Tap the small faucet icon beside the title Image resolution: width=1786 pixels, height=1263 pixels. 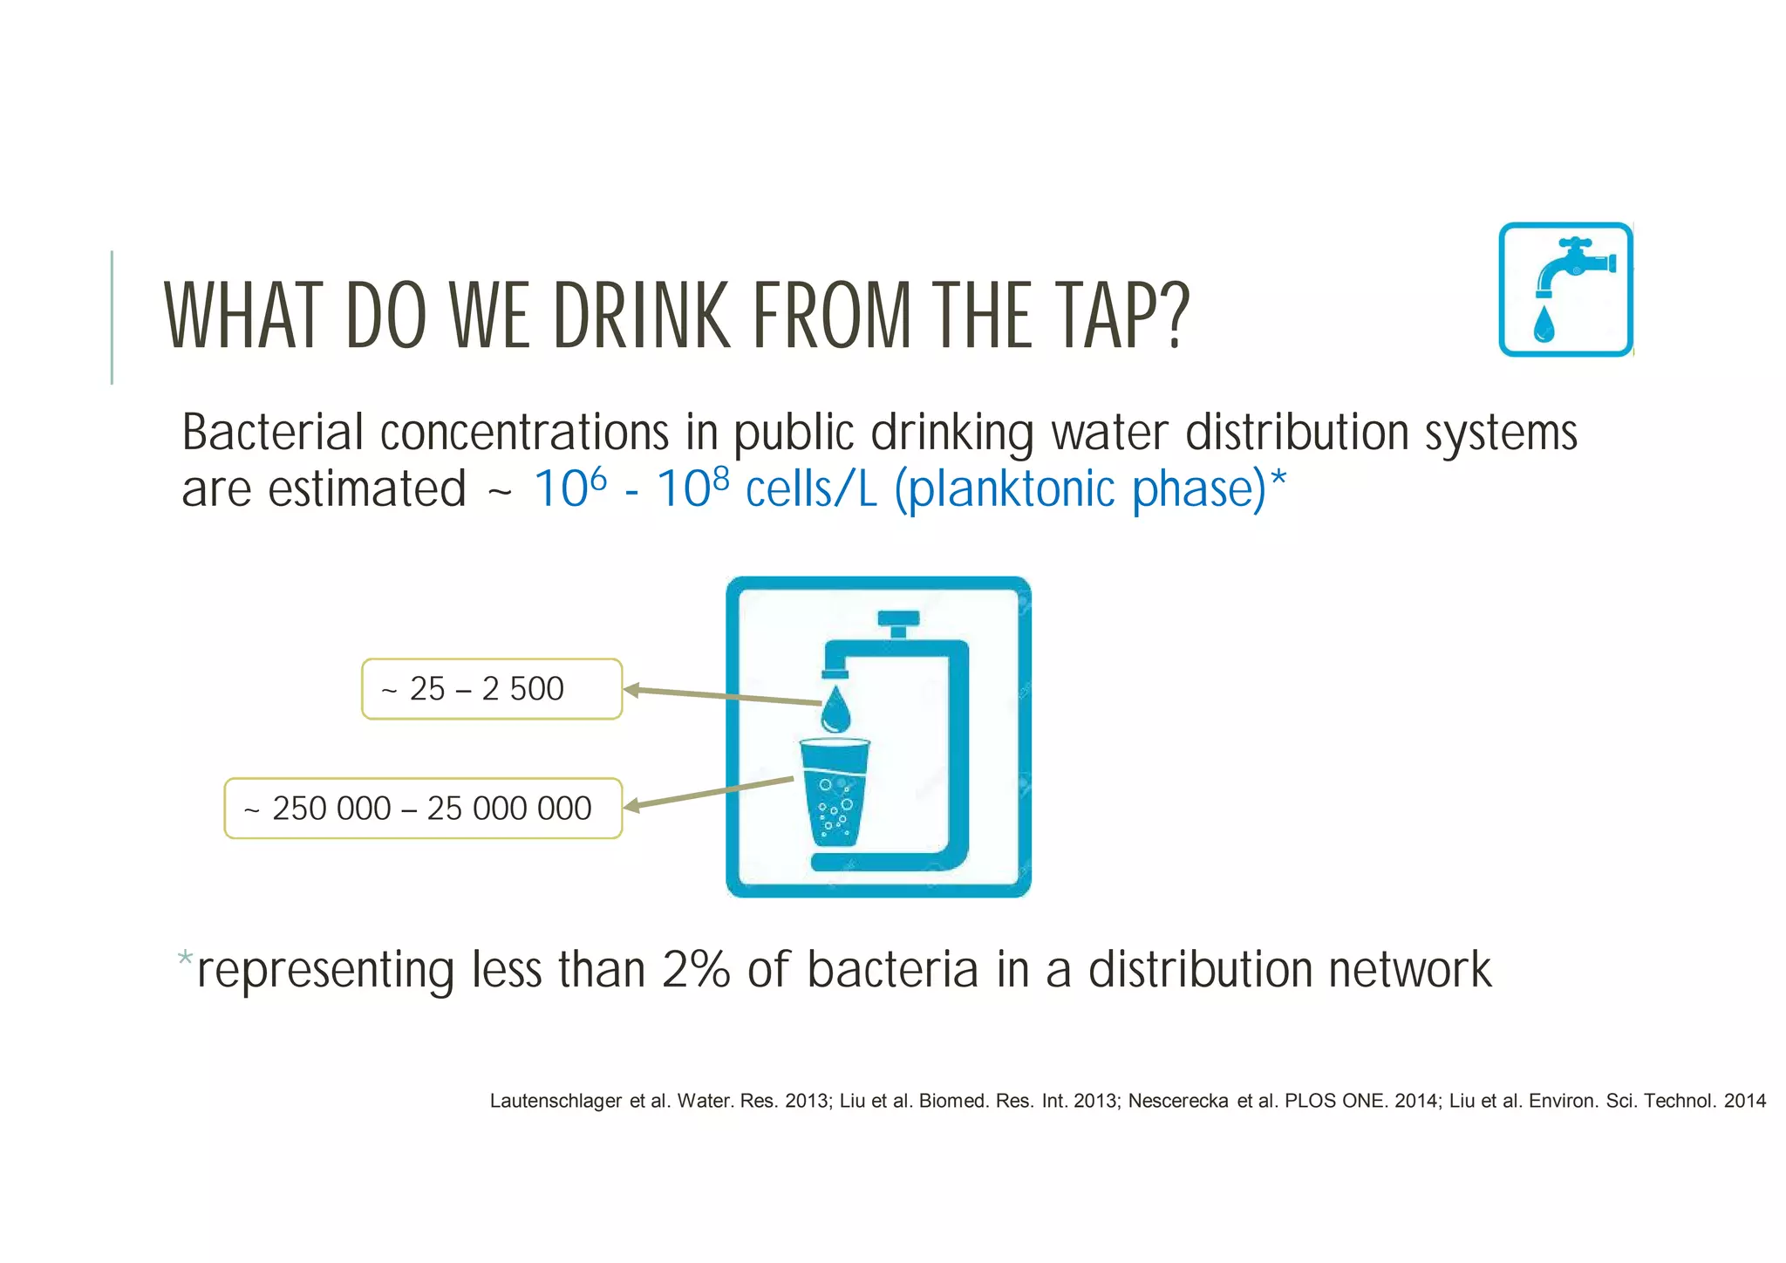pos(1565,290)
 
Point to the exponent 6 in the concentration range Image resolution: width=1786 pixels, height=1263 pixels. pos(598,477)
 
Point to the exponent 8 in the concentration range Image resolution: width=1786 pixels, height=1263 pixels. pos(720,477)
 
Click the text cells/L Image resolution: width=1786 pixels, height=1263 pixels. pos(811,489)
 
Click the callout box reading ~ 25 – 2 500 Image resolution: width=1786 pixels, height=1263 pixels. pos(492,689)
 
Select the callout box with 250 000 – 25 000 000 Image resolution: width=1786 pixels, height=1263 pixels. pos(423,809)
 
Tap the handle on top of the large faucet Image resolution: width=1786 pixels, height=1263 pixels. pos(898,619)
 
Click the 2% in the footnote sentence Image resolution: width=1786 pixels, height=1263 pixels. pos(696,970)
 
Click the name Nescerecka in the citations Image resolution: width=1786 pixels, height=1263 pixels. pos(1178,1101)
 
